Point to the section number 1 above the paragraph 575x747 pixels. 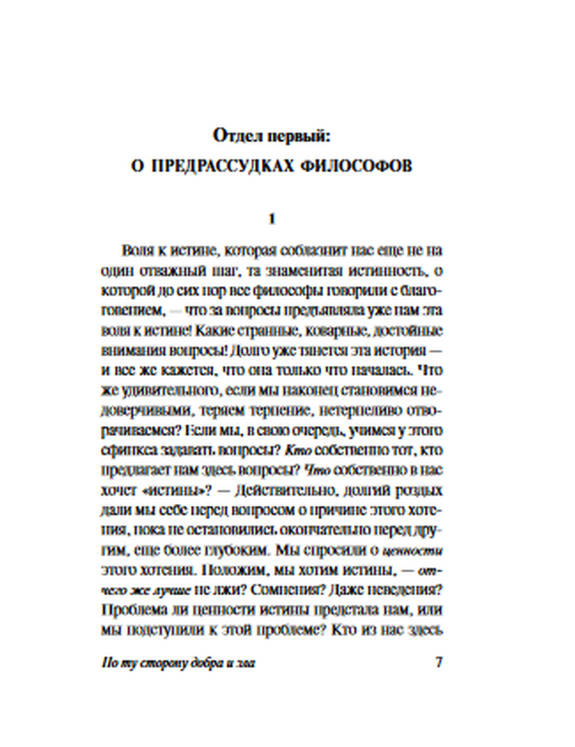tap(272, 219)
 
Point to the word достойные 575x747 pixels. tap(409, 332)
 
